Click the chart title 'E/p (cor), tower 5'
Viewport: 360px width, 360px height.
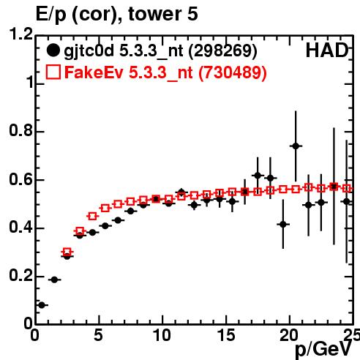(116, 14)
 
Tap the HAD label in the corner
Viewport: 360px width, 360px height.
(327, 50)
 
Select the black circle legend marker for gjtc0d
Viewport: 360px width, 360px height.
(53, 50)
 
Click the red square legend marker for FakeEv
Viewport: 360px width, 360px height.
(53, 72)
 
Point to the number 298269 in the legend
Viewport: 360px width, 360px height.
(223, 50)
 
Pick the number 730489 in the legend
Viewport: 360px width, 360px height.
(232, 72)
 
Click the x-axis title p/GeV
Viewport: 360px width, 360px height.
(323, 350)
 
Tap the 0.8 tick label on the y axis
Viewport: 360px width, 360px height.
(20, 131)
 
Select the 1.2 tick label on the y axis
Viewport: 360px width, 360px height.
(21, 34)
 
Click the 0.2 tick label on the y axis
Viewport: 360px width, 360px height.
(20, 276)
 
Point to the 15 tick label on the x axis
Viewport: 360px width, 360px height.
(227, 335)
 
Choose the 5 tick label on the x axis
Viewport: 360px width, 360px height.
(98, 335)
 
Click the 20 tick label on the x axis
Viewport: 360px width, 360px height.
(289, 335)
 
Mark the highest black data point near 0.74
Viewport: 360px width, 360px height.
(296, 146)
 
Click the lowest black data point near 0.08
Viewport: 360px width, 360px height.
(42, 305)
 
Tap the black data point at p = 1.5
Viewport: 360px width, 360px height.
(54, 280)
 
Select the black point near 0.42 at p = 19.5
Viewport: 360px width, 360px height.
(283, 224)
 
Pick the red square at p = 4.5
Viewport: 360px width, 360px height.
(92, 216)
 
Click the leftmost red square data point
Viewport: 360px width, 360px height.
(67, 252)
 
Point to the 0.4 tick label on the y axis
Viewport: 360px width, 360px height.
(20, 228)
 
